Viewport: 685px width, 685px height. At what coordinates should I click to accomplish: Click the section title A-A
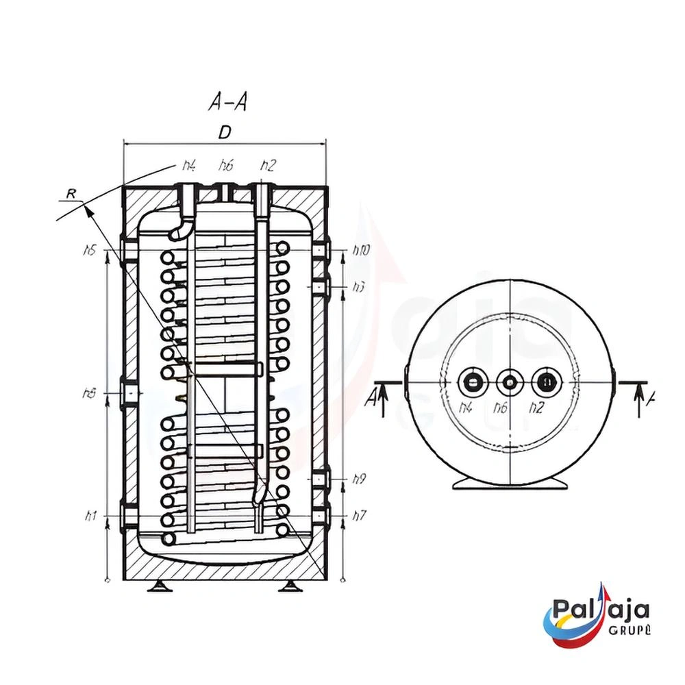(227, 103)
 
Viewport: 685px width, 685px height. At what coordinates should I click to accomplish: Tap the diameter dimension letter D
(225, 133)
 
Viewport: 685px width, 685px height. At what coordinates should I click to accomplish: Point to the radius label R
(70, 195)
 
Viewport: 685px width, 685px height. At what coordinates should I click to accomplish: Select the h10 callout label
(361, 251)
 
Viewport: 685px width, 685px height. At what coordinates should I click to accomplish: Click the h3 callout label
(358, 288)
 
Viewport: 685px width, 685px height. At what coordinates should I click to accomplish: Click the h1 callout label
(89, 516)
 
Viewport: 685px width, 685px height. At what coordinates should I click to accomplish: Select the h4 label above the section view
(189, 165)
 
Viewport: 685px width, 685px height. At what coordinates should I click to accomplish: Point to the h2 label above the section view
(269, 165)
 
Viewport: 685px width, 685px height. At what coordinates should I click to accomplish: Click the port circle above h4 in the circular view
(473, 382)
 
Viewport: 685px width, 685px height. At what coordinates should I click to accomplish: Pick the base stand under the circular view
(510, 483)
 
